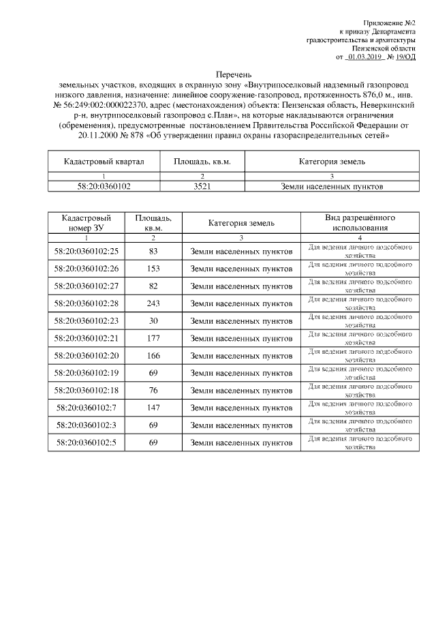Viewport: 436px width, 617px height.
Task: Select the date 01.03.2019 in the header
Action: [364, 58]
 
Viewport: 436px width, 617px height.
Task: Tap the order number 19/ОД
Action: [406, 58]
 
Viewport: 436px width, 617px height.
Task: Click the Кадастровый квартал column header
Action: [104, 162]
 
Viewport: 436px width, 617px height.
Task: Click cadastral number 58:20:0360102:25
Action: [87, 252]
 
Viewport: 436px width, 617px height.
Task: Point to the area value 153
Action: [153, 269]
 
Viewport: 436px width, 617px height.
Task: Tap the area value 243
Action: [153, 303]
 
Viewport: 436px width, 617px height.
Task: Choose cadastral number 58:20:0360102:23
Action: [87, 320]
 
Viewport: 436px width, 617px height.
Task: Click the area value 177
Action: [153, 338]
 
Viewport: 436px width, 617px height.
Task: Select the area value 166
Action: [153, 356]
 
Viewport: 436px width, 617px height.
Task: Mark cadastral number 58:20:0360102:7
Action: [87, 408]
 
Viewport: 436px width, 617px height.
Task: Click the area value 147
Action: [153, 408]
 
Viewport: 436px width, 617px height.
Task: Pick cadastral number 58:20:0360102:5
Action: [87, 442]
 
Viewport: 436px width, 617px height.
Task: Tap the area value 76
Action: [153, 391]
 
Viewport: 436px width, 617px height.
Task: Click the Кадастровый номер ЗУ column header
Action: [87, 222]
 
